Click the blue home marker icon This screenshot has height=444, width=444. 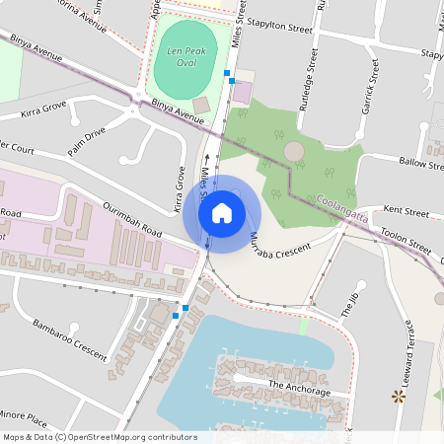(222, 212)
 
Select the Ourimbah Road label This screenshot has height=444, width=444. (130, 216)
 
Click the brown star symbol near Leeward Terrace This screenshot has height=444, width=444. (399, 397)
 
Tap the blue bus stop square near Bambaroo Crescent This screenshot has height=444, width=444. (175, 315)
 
